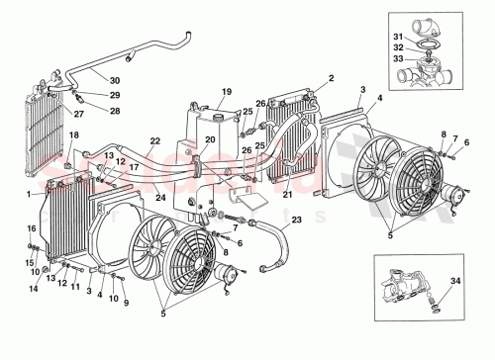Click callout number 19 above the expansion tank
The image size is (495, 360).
226,91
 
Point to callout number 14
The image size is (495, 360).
35,289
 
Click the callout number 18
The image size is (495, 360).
71,148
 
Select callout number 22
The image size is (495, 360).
155,141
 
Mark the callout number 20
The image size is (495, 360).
209,140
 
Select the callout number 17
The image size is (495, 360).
132,169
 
